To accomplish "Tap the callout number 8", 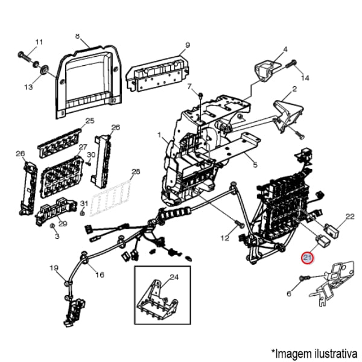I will (77, 36).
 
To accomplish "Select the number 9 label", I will (187, 45).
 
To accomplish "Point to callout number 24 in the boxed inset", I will (175, 278).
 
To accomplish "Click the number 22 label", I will (350, 215).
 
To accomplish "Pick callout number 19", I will (54, 268).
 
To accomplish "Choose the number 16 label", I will (100, 275).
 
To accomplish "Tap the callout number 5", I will (255, 165).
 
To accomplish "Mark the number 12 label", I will (224, 238).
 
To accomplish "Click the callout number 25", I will (90, 121).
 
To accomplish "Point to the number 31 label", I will (84, 203).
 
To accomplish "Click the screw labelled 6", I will (303, 278).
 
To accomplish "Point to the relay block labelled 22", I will (332, 229).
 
